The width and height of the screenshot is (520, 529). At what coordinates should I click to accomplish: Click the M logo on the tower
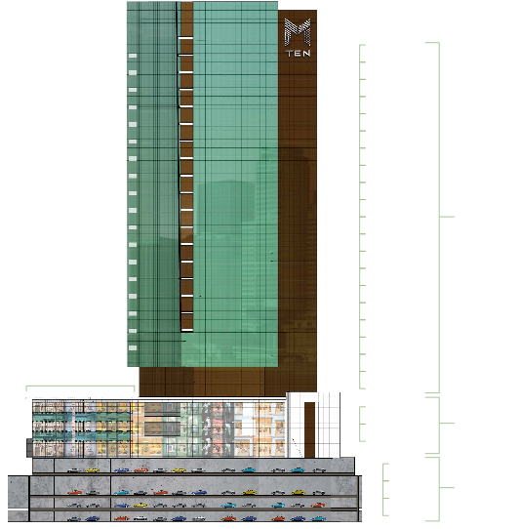(298, 32)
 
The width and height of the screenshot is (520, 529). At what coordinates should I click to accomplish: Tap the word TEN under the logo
(299, 54)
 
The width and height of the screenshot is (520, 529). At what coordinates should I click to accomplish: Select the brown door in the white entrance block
(309, 429)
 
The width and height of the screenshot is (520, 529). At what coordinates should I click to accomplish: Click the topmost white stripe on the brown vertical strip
(185, 38)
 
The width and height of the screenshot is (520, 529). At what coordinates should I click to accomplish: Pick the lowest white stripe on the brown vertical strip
(186, 330)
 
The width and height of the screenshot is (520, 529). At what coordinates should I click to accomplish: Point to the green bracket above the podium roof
(80, 386)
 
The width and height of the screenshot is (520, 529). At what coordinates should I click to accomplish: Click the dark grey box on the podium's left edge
(29, 448)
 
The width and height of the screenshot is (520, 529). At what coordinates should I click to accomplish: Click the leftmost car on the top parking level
(74, 470)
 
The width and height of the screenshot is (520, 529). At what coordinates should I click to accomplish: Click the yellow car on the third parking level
(140, 505)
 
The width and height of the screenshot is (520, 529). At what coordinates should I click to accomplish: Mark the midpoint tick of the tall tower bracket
(447, 217)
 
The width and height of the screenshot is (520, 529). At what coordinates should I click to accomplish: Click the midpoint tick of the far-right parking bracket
(447, 487)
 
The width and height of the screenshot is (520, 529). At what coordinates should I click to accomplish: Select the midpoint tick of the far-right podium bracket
(447, 423)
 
